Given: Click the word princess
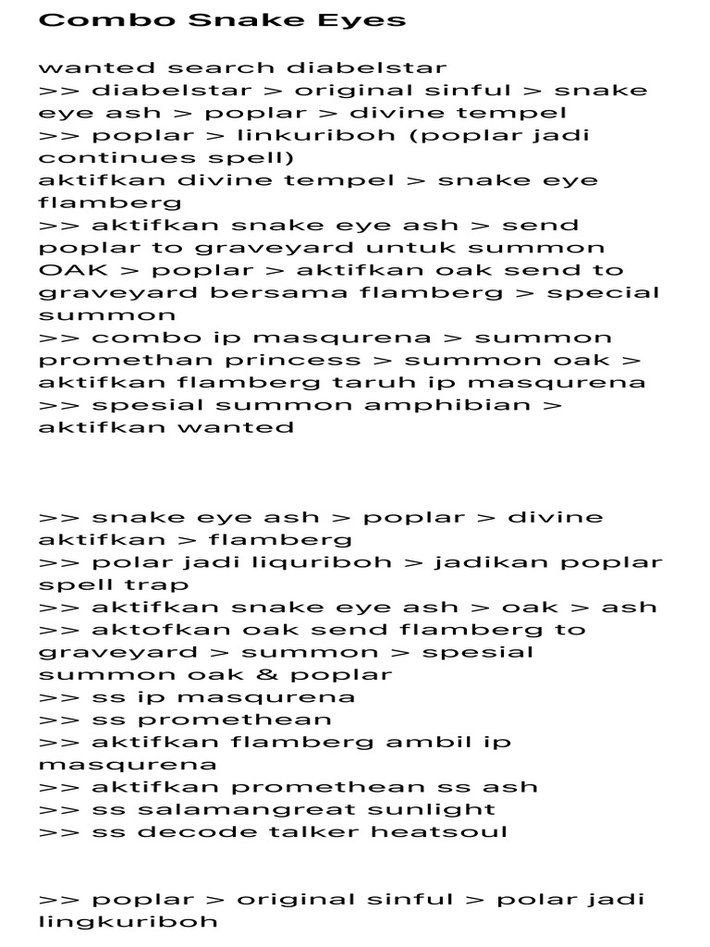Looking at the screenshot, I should point(292,361).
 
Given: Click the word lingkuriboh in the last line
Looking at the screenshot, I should point(129,921).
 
